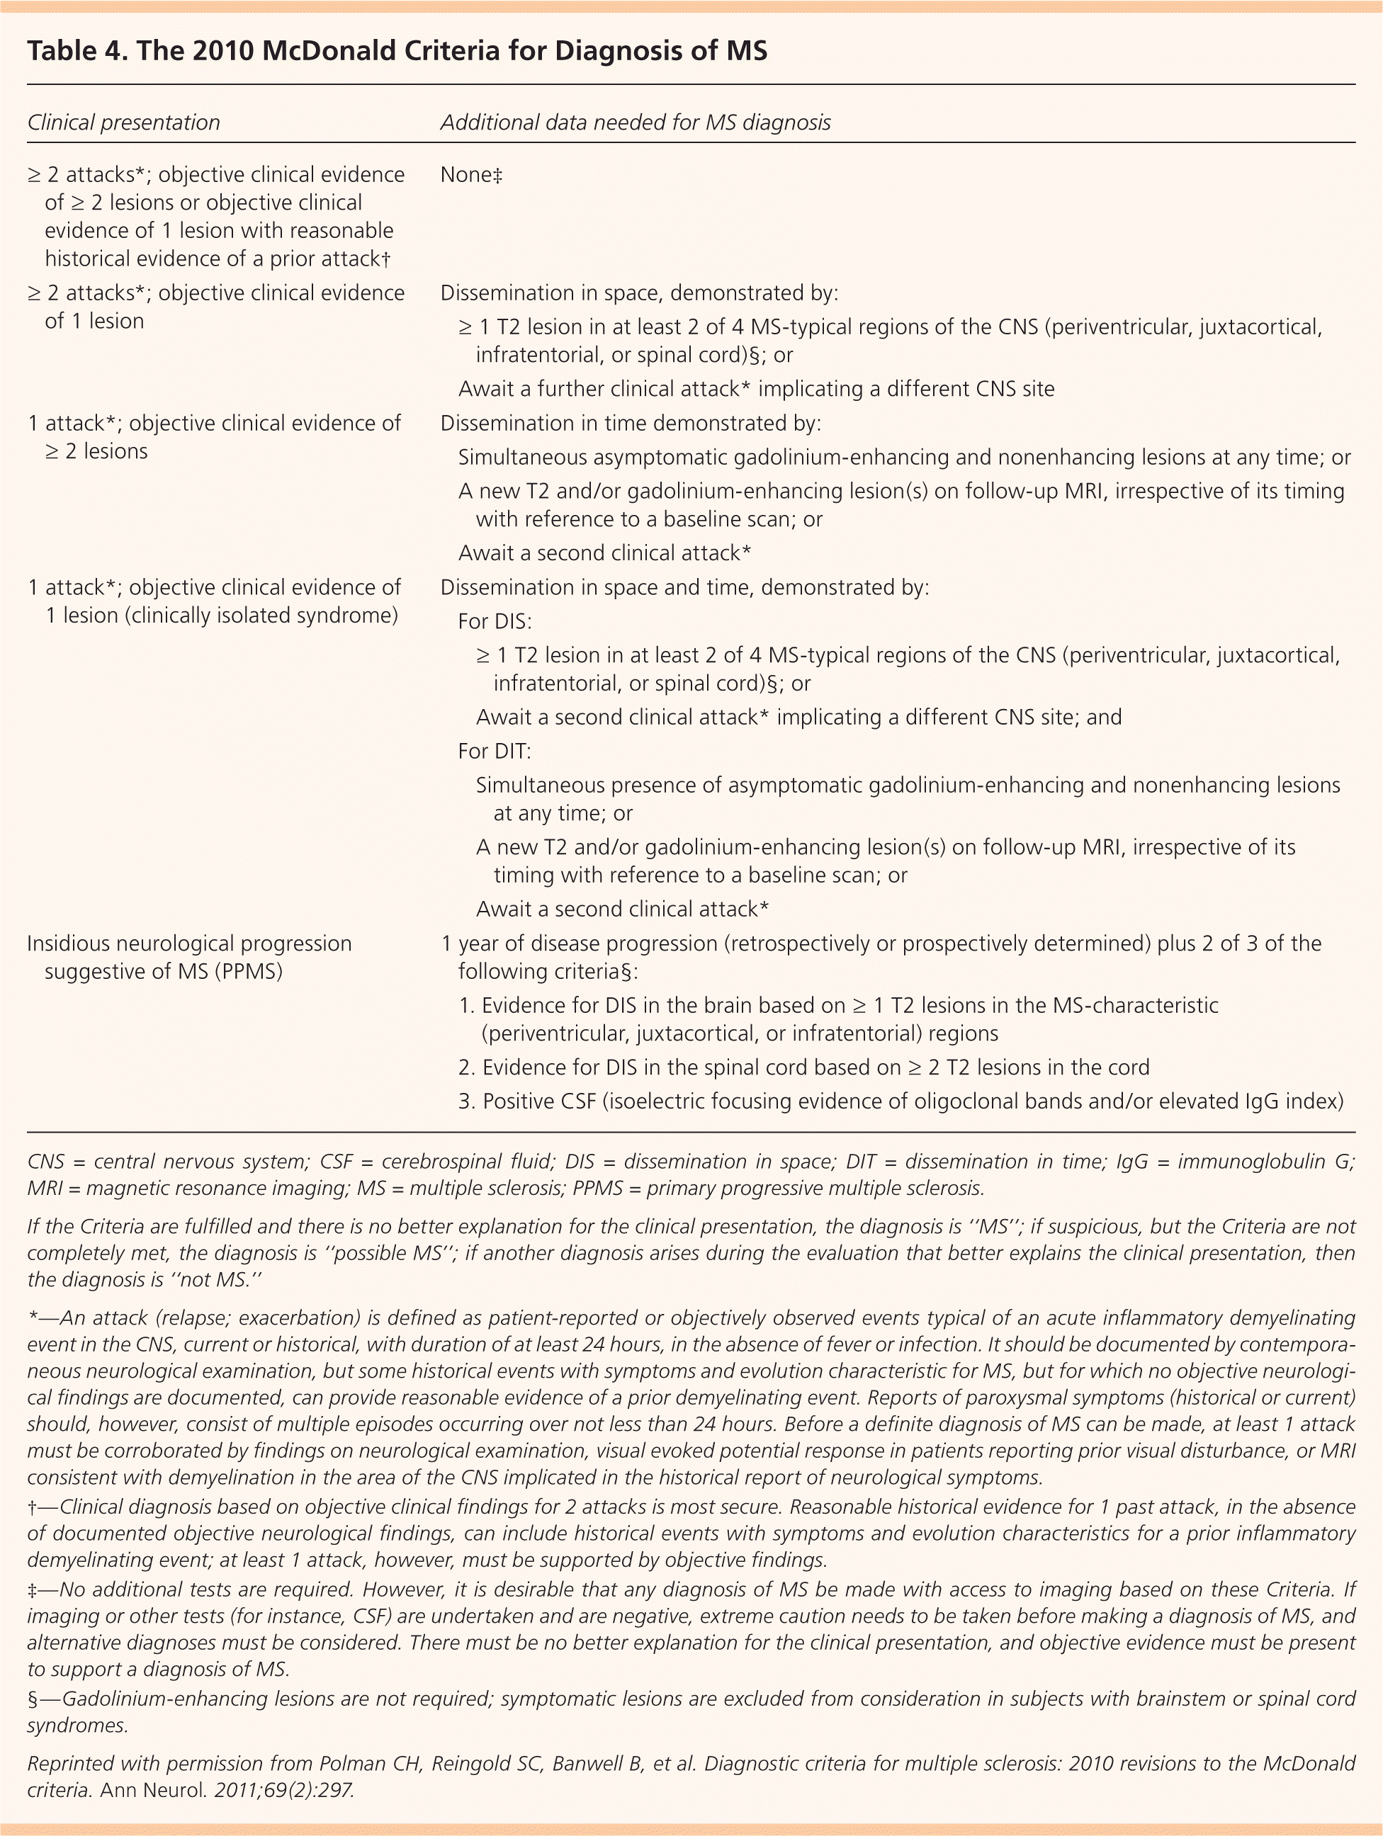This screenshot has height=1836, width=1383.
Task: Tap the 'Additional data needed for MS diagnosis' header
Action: click(x=635, y=123)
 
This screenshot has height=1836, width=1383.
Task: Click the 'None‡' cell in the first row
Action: click(x=470, y=175)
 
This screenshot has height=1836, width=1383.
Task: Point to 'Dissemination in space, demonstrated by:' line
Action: click(x=638, y=293)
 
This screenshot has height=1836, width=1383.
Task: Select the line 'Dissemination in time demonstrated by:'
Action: click(x=630, y=424)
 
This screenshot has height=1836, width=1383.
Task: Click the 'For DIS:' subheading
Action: click(x=495, y=622)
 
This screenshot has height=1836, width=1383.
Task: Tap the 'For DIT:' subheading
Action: click(x=495, y=751)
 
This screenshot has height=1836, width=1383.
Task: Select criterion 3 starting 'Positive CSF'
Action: click(x=900, y=1101)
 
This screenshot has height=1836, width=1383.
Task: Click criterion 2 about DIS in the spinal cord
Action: click(x=803, y=1067)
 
